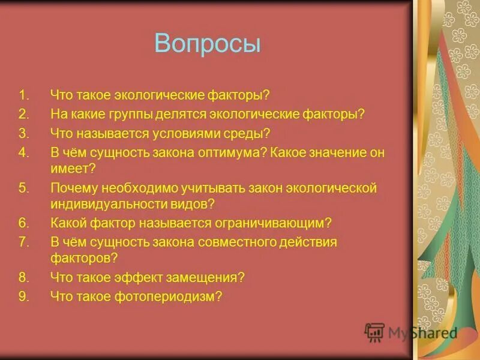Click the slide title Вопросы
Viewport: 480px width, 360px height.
(x=208, y=44)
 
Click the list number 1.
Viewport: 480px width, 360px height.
(x=23, y=95)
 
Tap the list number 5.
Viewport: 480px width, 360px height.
(x=23, y=188)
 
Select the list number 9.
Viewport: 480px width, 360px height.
(x=23, y=296)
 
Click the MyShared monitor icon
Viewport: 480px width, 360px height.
(x=374, y=332)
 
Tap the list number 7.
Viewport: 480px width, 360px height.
(x=23, y=242)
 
